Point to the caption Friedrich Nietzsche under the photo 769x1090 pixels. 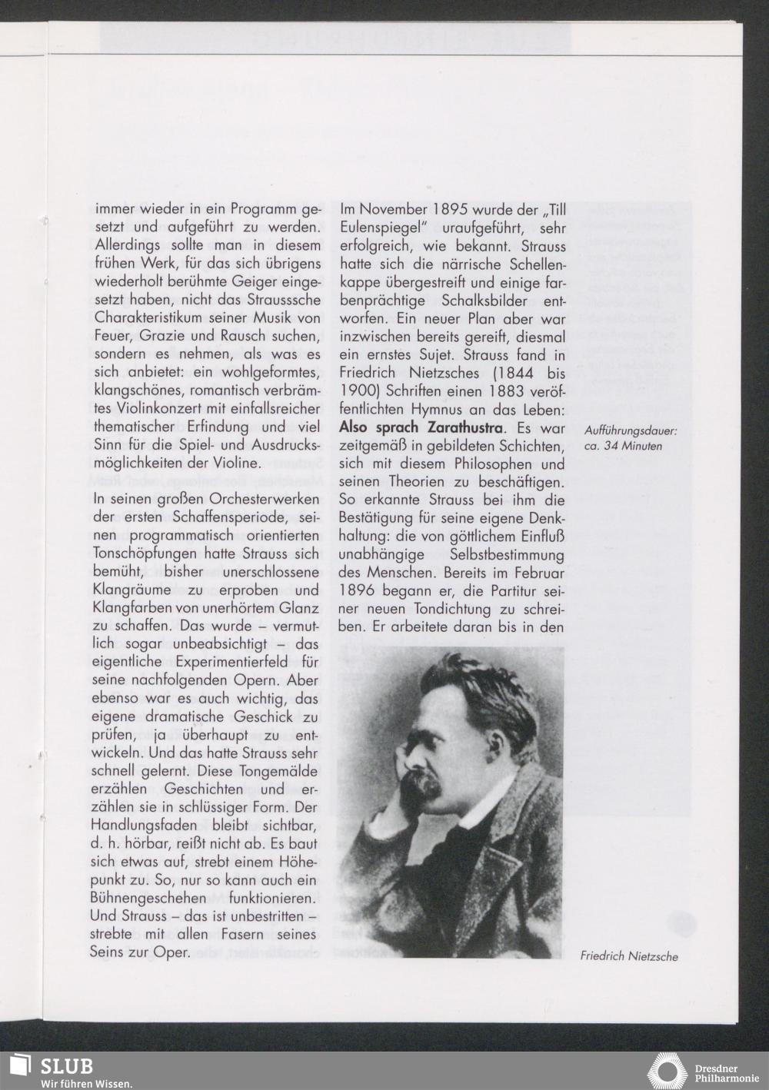click(629, 956)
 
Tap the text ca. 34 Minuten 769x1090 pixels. click(623, 446)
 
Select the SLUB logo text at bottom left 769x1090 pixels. click(66, 1066)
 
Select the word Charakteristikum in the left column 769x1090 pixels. click(147, 318)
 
